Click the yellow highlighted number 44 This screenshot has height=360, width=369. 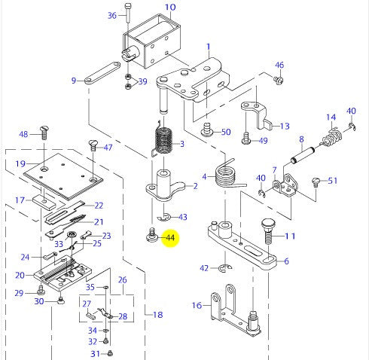pyautogui.click(x=170, y=238)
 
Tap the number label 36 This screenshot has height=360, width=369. pyautogui.click(x=112, y=15)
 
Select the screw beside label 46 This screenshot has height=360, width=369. pyautogui.click(x=278, y=79)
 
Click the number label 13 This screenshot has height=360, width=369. pyautogui.click(x=284, y=127)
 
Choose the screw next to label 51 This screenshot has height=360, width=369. pyautogui.click(x=317, y=181)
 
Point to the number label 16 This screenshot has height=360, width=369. pyautogui.click(x=197, y=305)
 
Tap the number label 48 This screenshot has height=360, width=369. pyautogui.click(x=23, y=134)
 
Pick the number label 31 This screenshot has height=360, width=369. pyautogui.click(x=95, y=353)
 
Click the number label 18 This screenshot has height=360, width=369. pyautogui.click(x=157, y=314)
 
